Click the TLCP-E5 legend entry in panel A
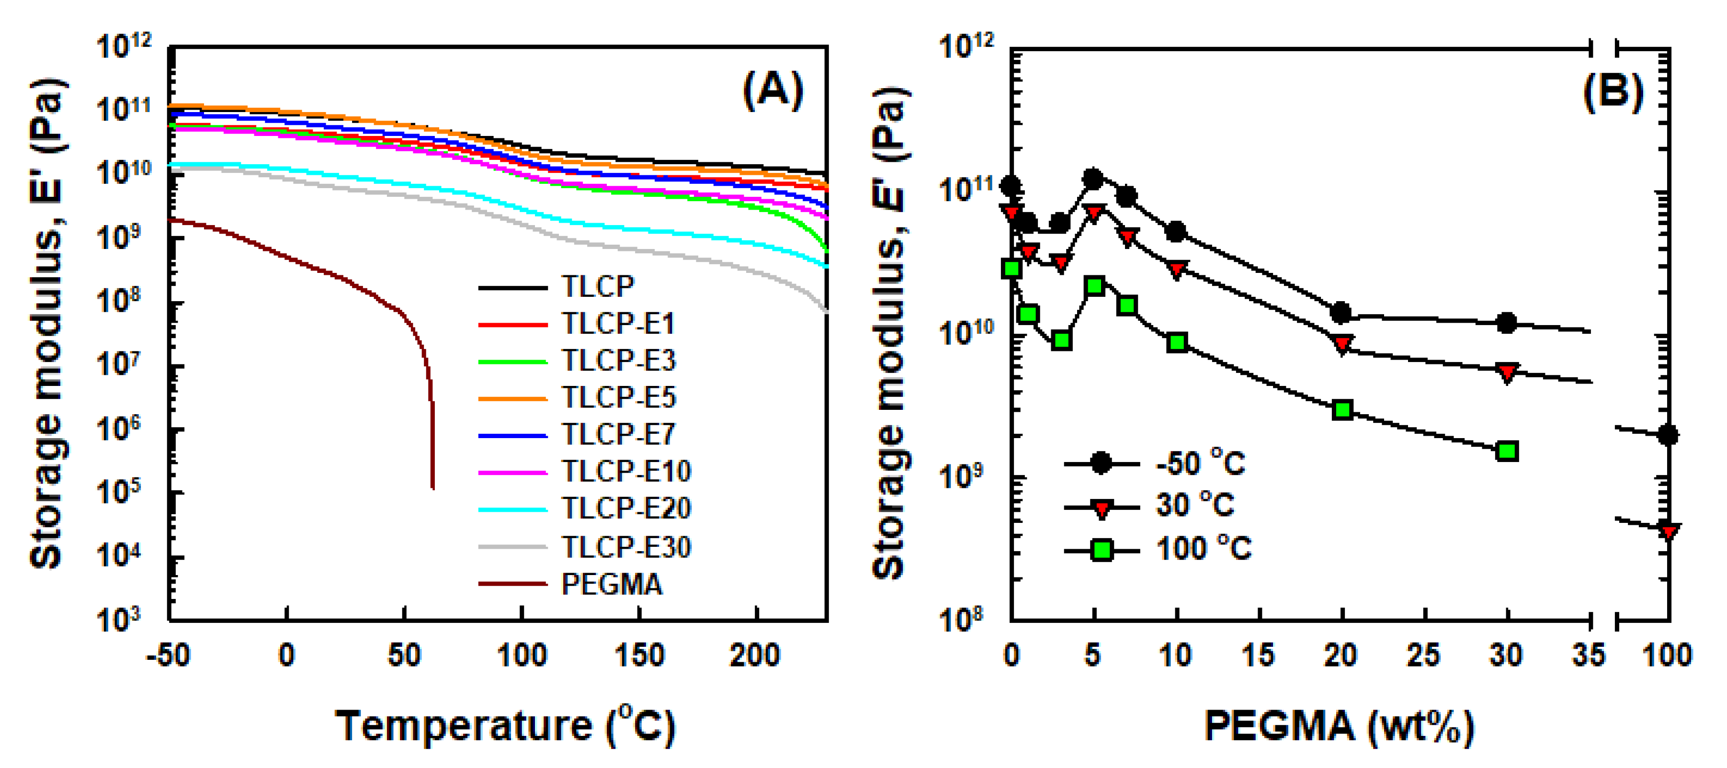(618, 397)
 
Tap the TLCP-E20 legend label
(626, 508)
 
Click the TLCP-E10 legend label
(626, 471)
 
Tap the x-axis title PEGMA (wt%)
(1339, 726)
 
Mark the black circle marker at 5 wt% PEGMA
(1093, 179)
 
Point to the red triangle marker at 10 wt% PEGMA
(1177, 269)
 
